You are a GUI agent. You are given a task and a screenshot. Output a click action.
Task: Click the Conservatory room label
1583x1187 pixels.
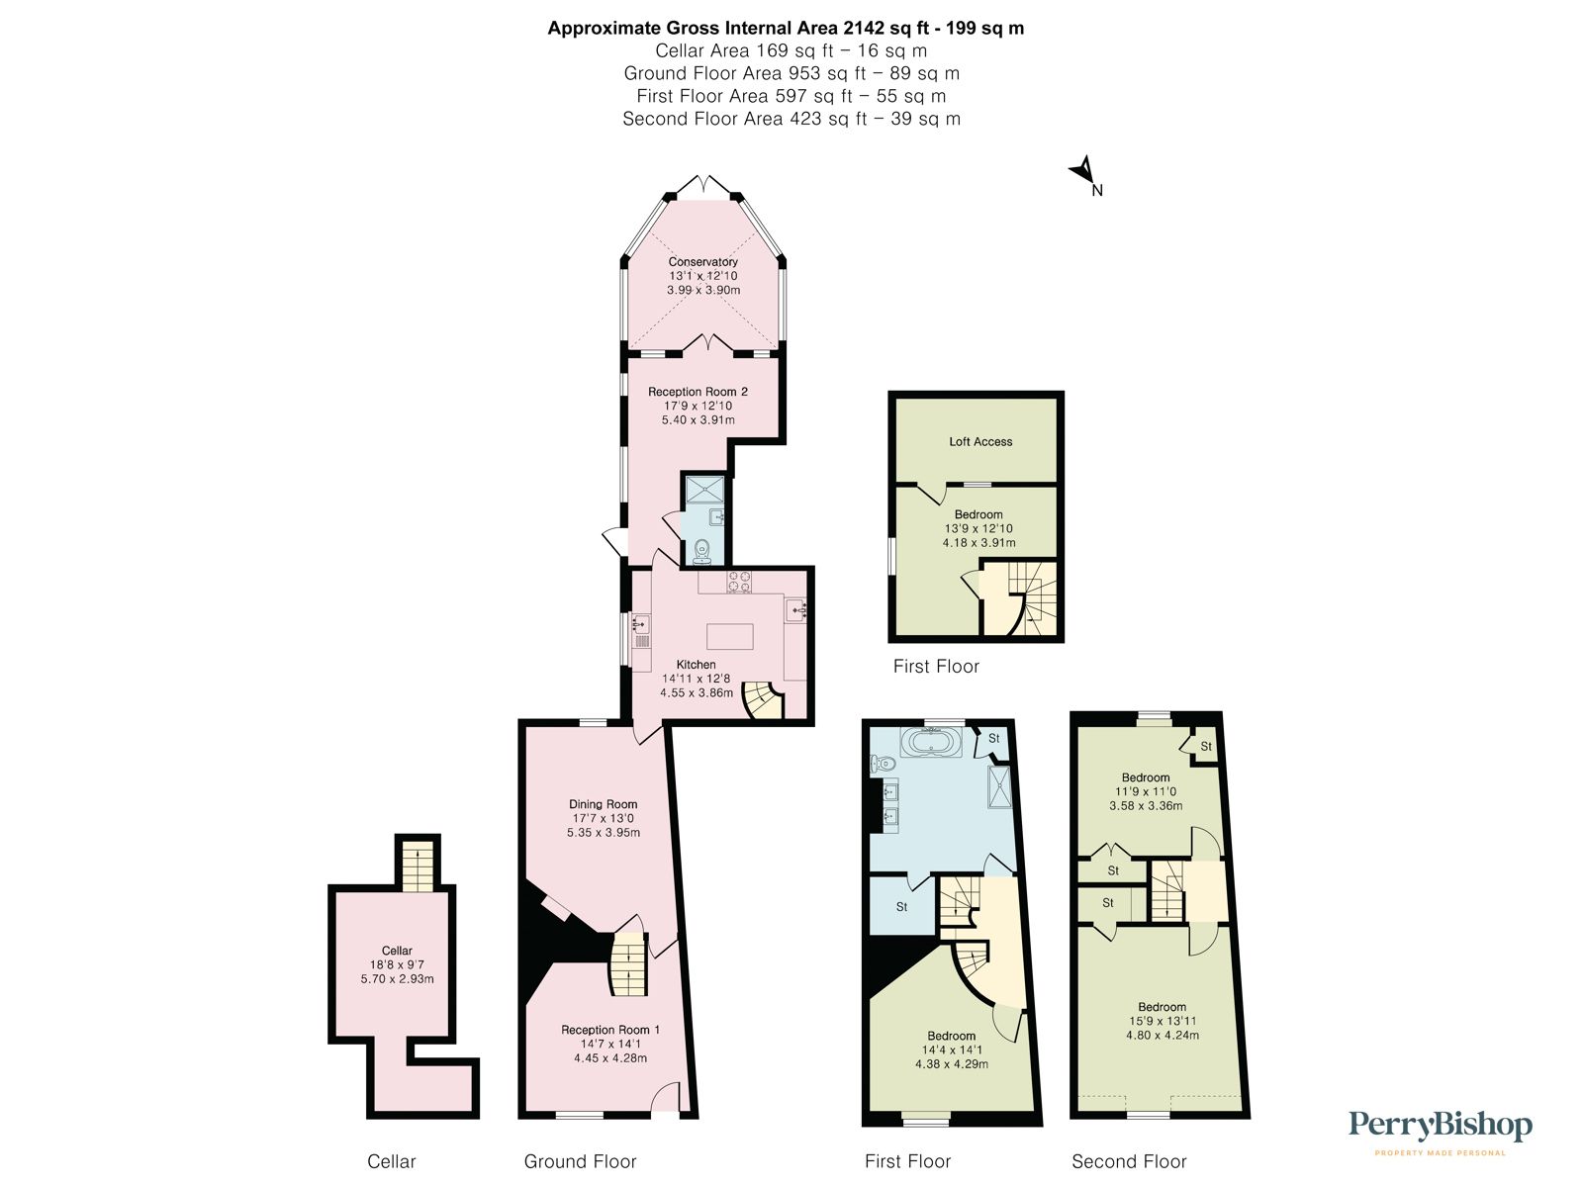coord(702,262)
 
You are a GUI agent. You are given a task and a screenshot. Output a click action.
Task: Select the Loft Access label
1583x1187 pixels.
coord(980,442)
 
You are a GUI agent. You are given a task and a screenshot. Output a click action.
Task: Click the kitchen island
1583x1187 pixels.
coord(729,635)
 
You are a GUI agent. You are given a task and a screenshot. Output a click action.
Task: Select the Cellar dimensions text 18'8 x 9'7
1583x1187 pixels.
coord(397,964)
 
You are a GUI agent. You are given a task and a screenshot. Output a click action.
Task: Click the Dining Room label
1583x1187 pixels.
coord(603,804)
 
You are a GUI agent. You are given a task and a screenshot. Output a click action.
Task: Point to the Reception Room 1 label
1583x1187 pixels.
coord(610,1030)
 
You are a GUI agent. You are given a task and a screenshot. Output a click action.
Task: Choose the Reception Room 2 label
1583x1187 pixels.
coord(698,392)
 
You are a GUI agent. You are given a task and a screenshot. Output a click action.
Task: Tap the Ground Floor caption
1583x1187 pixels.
coord(580,1161)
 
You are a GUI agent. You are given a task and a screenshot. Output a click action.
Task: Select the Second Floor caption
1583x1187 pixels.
coord(1129,1161)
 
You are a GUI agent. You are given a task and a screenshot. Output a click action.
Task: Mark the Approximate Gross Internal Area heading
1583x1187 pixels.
coord(786,29)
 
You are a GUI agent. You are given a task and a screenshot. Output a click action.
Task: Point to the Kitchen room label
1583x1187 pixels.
coord(696,665)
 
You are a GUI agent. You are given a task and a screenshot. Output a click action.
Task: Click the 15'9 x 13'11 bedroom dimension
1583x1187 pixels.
coord(1162,1021)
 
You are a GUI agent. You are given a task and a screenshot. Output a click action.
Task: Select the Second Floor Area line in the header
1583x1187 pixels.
coord(791,119)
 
